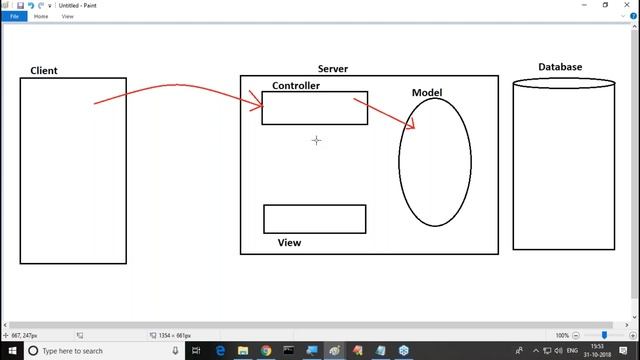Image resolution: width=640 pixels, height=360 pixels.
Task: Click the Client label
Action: pyautogui.click(x=44, y=71)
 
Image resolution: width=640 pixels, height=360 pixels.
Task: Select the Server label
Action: pyautogui.click(x=332, y=69)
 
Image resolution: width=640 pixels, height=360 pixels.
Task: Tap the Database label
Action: pyautogui.click(x=560, y=67)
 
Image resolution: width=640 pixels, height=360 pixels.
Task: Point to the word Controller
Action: pyautogui.click(x=296, y=86)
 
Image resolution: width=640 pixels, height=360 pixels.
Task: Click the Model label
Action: pyautogui.click(x=427, y=93)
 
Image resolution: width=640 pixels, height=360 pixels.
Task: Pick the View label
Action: pyautogui.click(x=289, y=242)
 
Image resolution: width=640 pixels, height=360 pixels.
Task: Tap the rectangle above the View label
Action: pyautogui.click(x=314, y=218)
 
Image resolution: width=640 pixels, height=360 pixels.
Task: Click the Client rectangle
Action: pyautogui.click(x=73, y=170)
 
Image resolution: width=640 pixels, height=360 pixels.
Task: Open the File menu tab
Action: pyautogui.click(x=14, y=17)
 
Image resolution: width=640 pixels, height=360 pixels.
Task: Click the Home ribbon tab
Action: pyautogui.click(x=41, y=17)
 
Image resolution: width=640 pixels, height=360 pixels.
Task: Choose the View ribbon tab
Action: pyautogui.click(x=68, y=17)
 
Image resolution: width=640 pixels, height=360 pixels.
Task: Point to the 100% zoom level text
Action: pyautogui.click(x=562, y=335)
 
